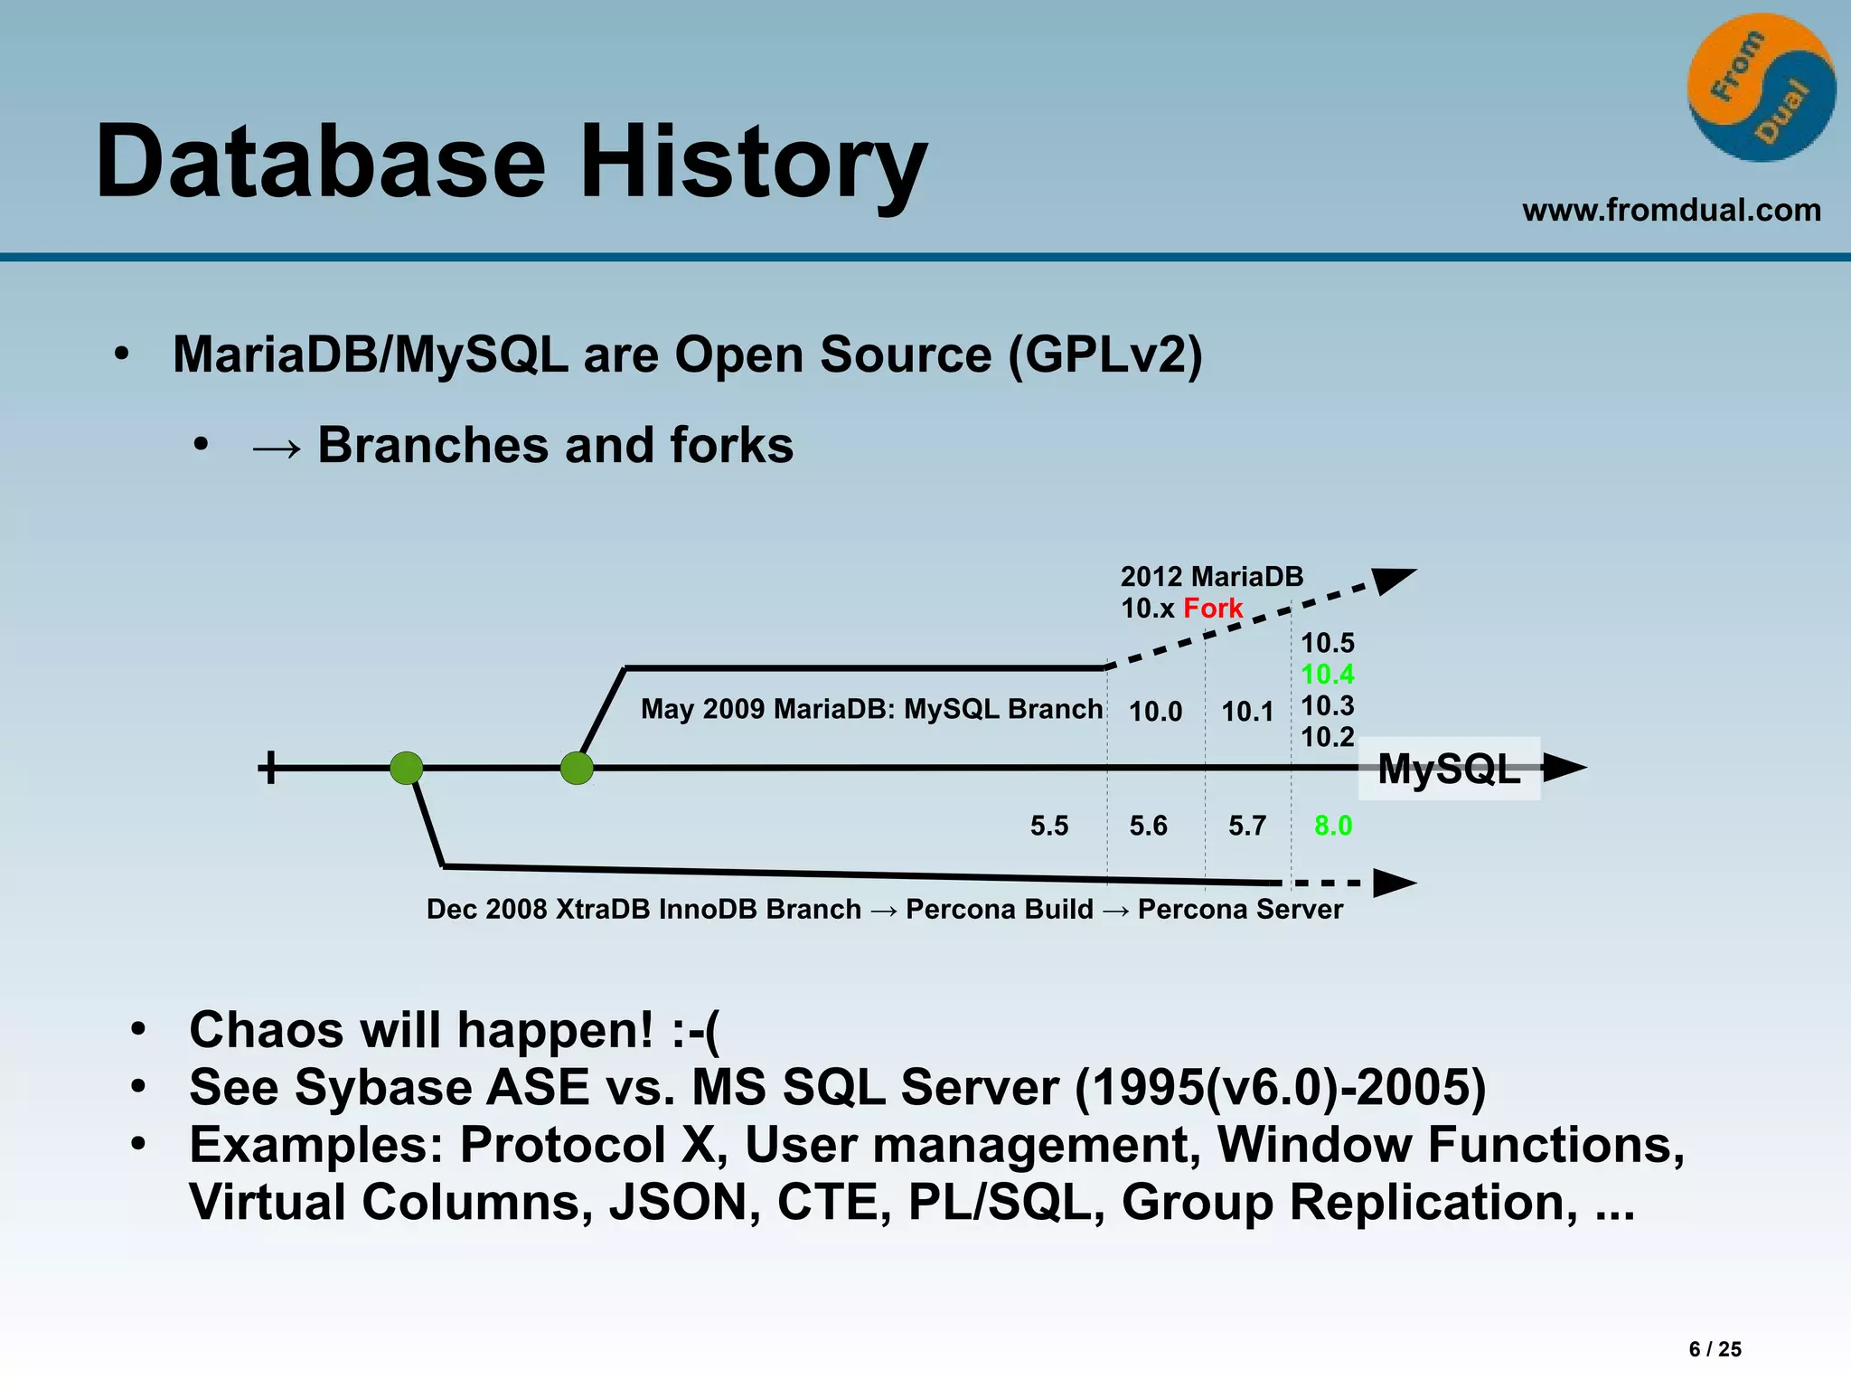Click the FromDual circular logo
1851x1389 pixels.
(x=1761, y=88)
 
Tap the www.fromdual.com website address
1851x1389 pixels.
(x=1671, y=210)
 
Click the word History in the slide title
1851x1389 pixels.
(x=752, y=163)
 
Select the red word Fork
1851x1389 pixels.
(x=1213, y=608)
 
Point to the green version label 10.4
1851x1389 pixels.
(x=1327, y=674)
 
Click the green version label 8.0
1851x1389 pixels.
(x=1333, y=826)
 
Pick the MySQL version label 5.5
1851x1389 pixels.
(x=1048, y=826)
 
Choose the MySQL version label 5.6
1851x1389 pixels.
(x=1148, y=826)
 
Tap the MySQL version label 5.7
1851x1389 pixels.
(x=1246, y=826)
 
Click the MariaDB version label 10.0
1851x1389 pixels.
(x=1155, y=712)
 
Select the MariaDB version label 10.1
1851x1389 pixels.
(x=1247, y=712)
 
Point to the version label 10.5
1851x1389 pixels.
(x=1327, y=643)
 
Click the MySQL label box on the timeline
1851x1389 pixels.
(x=1449, y=770)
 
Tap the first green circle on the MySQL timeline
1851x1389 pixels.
(x=407, y=768)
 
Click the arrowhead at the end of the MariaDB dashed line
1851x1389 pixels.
(x=1392, y=580)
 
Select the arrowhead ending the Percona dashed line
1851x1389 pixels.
(x=1394, y=883)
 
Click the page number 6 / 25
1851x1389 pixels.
(x=1715, y=1349)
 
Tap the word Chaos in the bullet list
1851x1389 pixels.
(x=266, y=1030)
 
